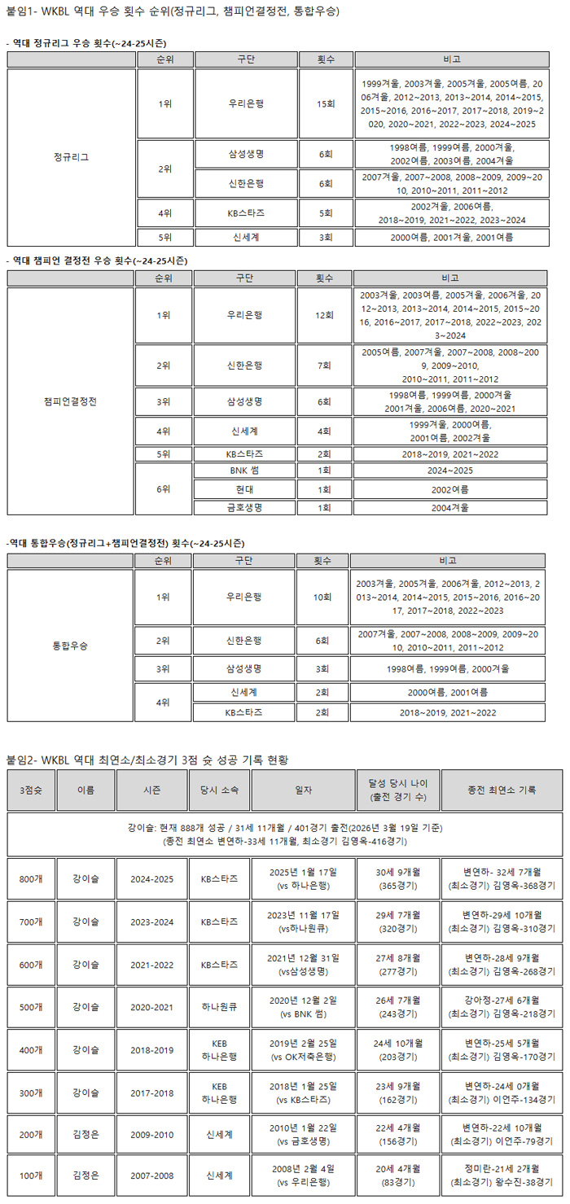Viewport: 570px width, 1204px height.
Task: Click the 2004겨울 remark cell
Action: pos(449,507)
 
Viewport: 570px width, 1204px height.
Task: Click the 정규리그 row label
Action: pos(71,157)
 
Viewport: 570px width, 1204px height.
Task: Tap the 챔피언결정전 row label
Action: pos(71,402)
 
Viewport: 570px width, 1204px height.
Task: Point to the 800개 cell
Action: pos(31,878)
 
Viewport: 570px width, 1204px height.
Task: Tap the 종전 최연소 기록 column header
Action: pos(502,790)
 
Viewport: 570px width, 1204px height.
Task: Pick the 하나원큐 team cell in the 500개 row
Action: pos(218,1007)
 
